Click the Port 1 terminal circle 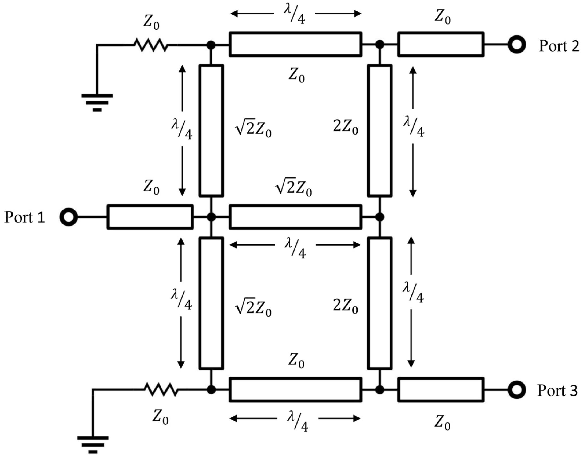click(x=69, y=217)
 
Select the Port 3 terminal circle click(x=517, y=390)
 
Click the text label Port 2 click(x=559, y=46)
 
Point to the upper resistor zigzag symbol click(x=151, y=45)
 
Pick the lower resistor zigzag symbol click(x=161, y=390)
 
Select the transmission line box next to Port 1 click(x=150, y=217)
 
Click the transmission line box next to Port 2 click(x=441, y=44)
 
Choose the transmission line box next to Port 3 click(x=441, y=390)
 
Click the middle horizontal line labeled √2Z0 click(x=296, y=217)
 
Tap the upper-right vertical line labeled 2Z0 click(x=380, y=130)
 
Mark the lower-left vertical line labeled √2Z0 click(x=211, y=303)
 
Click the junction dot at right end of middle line click(x=380, y=217)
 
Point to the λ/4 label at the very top click(x=295, y=15)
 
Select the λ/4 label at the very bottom click(x=298, y=422)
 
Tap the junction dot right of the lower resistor click(x=211, y=390)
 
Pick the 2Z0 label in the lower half click(x=345, y=306)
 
